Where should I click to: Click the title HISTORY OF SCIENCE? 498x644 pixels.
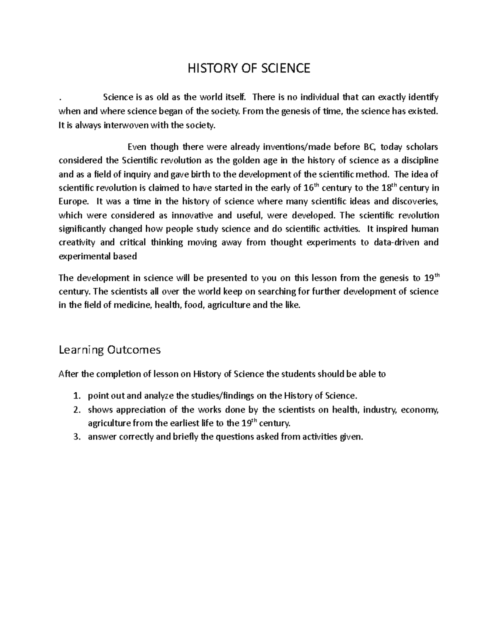click(x=249, y=68)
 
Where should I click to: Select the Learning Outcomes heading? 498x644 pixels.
click(x=110, y=350)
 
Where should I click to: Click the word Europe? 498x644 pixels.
click(x=73, y=202)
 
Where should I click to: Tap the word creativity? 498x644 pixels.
click(x=78, y=243)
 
